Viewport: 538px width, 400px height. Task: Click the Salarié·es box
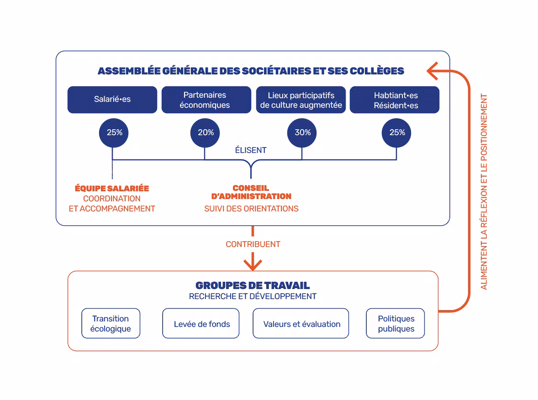[x=112, y=100]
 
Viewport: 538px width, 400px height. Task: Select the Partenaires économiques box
[x=206, y=100]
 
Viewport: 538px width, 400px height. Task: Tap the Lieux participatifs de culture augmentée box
[x=301, y=100]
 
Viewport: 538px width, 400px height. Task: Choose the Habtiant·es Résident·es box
[x=395, y=100]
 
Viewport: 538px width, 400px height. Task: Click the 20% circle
[x=206, y=132]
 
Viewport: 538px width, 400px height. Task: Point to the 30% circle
[x=302, y=132]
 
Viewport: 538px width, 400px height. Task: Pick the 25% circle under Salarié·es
[x=114, y=132]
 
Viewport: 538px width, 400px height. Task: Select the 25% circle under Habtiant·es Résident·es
[x=397, y=132]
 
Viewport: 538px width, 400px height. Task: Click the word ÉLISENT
[x=251, y=150]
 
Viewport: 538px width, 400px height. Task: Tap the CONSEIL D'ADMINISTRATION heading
[x=251, y=192]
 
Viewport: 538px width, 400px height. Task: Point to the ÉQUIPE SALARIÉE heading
[x=112, y=188]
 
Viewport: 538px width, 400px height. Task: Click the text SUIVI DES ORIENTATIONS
[x=251, y=209]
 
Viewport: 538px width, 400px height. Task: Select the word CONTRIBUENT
[x=253, y=244]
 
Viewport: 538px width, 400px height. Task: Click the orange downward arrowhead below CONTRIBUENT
[x=253, y=264]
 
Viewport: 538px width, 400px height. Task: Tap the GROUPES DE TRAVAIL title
[x=253, y=285]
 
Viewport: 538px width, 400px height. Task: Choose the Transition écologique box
[x=111, y=324]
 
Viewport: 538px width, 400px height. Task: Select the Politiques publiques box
[x=396, y=324]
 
